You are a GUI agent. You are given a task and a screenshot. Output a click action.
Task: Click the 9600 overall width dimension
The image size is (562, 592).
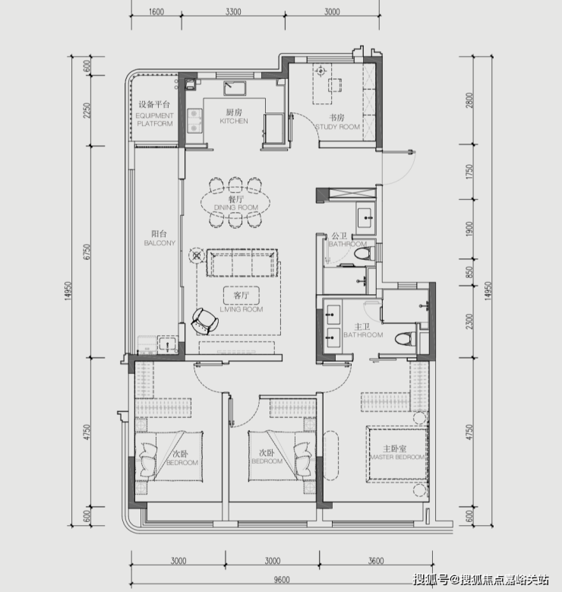[x=282, y=580]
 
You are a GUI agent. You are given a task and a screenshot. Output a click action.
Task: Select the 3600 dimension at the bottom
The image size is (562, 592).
[x=376, y=561]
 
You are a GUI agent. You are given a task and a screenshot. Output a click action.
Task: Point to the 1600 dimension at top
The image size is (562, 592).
[x=156, y=11]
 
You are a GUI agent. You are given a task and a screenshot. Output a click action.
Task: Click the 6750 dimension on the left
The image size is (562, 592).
[x=87, y=252]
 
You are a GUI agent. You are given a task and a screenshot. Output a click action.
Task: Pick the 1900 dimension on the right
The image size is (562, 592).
[x=469, y=230]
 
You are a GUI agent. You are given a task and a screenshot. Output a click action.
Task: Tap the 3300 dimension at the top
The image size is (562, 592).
[x=233, y=11]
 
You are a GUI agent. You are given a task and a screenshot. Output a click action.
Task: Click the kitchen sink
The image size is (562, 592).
[x=235, y=88]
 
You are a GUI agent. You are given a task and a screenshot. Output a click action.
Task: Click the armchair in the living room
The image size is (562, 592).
[x=204, y=321]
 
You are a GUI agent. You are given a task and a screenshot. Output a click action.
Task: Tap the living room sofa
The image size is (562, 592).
[x=242, y=263]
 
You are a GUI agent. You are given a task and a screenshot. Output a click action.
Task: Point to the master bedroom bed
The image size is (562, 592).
[x=397, y=454]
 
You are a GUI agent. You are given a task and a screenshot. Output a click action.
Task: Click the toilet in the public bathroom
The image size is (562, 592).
[x=364, y=253]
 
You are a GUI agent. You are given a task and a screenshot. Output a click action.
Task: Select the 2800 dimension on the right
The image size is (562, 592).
[x=469, y=100]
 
